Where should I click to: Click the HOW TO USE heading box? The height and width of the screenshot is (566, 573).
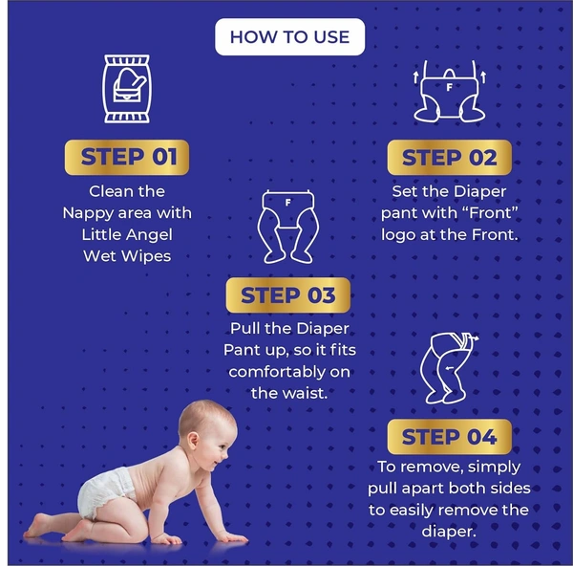click(289, 37)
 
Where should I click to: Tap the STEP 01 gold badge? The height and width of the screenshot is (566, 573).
click(127, 157)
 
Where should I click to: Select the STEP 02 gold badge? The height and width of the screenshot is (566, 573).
click(449, 158)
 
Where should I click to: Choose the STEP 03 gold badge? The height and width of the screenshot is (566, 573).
click(287, 295)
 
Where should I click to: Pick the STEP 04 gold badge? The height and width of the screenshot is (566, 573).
click(449, 437)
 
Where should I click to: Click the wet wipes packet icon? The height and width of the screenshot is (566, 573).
click(127, 89)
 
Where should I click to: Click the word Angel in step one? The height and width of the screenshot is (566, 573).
click(155, 234)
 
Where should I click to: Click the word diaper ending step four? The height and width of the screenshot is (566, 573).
click(449, 531)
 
